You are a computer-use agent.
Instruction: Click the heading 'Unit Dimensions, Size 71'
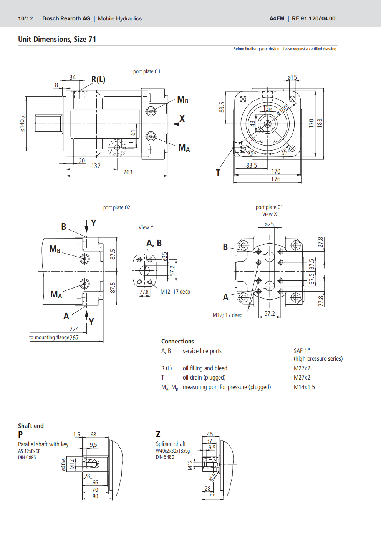(x=57, y=39)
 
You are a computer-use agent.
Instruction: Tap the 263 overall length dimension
(x=128, y=172)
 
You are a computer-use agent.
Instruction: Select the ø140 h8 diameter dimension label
(x=23, y=124)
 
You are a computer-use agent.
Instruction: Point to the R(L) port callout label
(x=98, y=80)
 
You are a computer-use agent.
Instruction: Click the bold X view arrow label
(x=182, y=119)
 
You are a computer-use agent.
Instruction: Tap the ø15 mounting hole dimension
(x=292, y=78)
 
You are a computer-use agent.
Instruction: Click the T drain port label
(x=218, y=173)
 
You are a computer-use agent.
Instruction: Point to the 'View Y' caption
(x=146, y=227)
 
